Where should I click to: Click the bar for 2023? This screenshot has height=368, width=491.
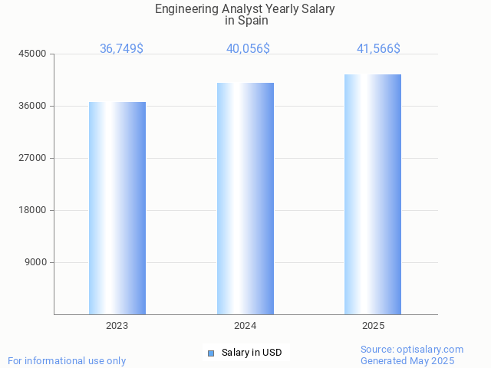tap(117, 208)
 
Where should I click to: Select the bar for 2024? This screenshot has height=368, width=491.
tap(245, 199)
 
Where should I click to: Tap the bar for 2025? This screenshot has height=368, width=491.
tap(373, 194)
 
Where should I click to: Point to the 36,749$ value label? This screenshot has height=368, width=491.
tap(121, 49)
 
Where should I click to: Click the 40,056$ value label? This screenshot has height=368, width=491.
tap(248, 49)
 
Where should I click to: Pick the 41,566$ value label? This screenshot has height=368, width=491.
tap(378, 49)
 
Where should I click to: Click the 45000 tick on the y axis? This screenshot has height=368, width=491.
tap(33, 54)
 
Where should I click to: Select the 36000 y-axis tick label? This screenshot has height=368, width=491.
tap(33, 106)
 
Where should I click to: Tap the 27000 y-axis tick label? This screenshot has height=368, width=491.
tap(33, 158)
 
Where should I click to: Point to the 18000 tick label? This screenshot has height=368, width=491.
tap(33, 210)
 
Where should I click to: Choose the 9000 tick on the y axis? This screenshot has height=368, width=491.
tap(35, 262)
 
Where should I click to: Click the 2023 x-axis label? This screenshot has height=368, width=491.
tap(117, 326)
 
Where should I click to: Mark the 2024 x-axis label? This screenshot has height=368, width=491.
tap(245, 326)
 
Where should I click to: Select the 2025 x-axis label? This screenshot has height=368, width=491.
tap(373, 326)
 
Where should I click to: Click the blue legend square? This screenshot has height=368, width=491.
tap(211, 353)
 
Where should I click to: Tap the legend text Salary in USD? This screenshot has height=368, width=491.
tap(252, 353)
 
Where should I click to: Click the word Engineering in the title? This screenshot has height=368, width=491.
tap(185, 9)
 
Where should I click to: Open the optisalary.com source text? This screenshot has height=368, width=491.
tap(412, 350)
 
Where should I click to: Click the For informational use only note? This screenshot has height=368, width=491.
tap(67, 360)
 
